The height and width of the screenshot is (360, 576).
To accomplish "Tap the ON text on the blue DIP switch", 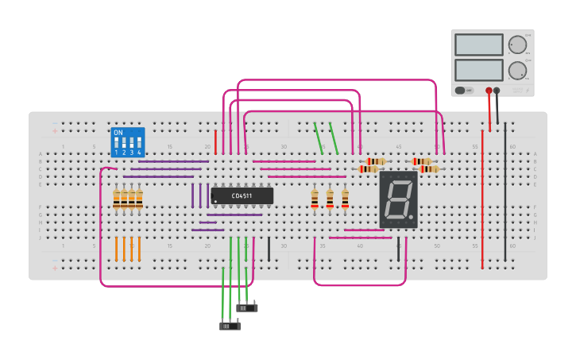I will (118, 133).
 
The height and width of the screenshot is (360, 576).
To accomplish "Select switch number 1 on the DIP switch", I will (117, 145).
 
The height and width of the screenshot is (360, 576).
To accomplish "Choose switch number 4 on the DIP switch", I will (139, 145).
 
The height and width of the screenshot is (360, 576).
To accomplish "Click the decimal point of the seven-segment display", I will (411, 216).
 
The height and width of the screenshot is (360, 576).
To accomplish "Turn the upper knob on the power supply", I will (517, 45).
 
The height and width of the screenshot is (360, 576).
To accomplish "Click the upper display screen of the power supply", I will (478, 45).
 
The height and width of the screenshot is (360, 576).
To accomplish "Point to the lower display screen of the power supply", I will (478, 70).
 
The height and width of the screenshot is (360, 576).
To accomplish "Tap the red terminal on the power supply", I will (489, 91).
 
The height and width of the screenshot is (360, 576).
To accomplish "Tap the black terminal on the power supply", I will (497, 91).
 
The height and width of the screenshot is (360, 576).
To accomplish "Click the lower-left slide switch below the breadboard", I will (230, 325).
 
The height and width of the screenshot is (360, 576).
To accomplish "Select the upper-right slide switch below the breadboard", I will (247, 308).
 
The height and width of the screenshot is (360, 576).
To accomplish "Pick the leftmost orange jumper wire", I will (116, 249).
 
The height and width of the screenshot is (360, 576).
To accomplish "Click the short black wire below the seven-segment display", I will (399, 249).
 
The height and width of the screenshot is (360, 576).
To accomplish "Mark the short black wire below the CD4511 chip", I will (269, 249).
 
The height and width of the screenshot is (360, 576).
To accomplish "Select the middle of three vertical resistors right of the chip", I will (330, 198).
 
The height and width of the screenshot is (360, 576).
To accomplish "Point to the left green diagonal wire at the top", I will (319, 138).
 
